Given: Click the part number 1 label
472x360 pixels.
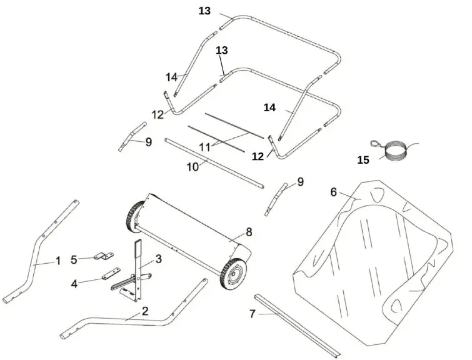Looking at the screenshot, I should [x=58, y=261].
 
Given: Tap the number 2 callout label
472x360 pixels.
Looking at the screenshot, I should [x=145, y=311].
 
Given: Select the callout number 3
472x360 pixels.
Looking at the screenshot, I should [x=159, y=258].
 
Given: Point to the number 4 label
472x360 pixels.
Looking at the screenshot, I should [x=74, y=284].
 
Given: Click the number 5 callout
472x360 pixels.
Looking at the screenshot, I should [x=74, y=259].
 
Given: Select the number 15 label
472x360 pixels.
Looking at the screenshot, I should [x=363, y=160].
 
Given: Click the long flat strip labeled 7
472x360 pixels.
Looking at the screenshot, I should [x=297, y=321].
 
